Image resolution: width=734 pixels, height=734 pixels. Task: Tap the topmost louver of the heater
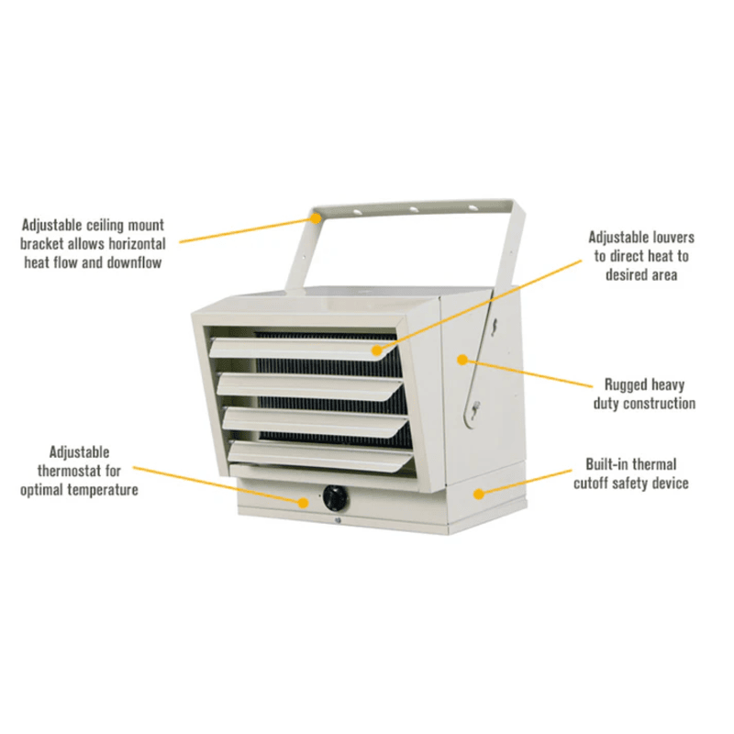(x=303, y=348)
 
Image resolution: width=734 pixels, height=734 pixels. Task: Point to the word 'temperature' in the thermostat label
(x=101, y=490)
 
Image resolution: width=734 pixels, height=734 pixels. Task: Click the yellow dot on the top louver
(x=376, y=350)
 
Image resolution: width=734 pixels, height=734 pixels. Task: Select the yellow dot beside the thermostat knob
(x=307, y=501)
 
